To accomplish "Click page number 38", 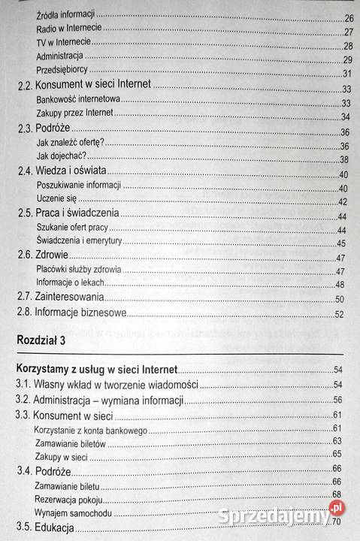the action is pyautogui.click(x=346, y=159).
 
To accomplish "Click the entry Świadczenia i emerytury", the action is pyautogui.click(x=79, y=242).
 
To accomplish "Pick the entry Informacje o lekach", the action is pyautogui.click(x=70, y=283).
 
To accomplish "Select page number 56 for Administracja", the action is pyautogui.click(x=338, y=399).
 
